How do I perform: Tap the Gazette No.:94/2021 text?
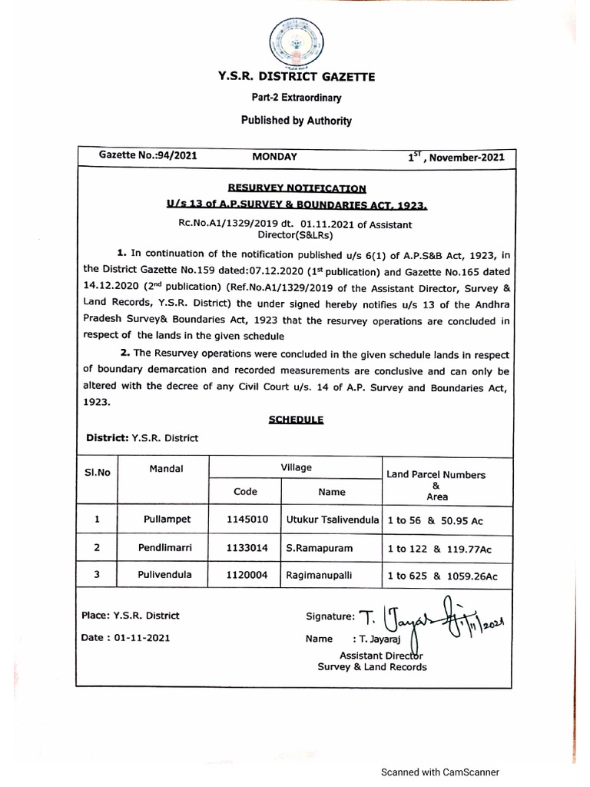148,155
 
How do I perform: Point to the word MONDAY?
274,156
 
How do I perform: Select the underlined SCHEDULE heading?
297,420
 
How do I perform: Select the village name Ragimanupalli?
320,575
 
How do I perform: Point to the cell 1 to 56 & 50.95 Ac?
435,520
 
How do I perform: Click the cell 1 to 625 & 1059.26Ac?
442,576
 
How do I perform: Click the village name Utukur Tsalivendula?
332,520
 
